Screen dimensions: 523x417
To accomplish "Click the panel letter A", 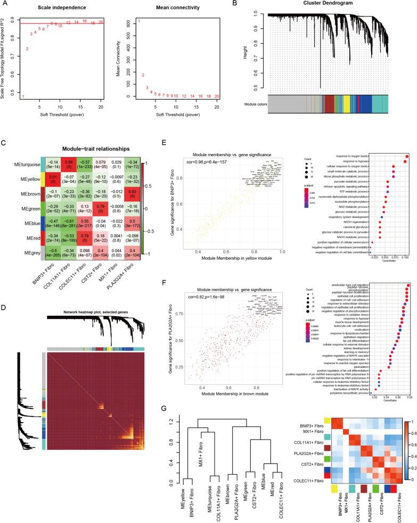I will click(x=4, y=3).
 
